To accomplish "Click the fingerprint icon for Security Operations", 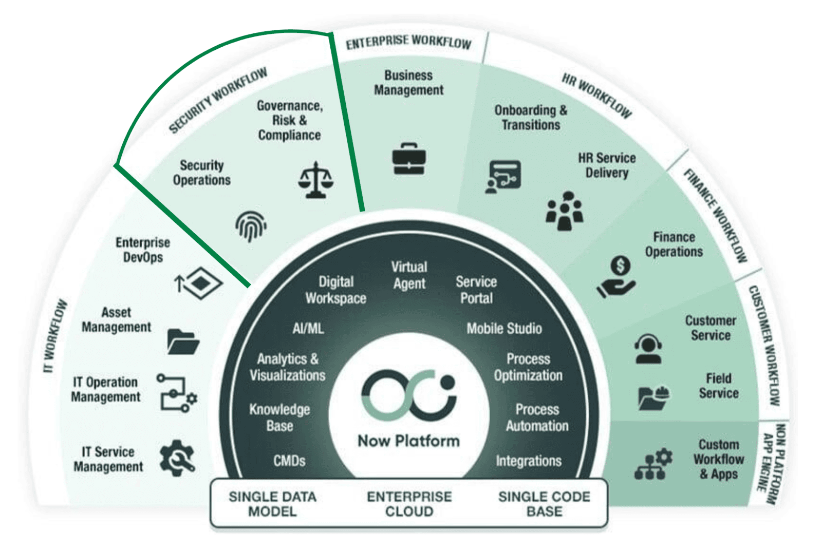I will (251, 226).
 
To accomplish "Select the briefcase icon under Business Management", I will (409, 159).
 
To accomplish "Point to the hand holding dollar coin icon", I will (616, 277).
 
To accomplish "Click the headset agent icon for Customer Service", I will (648, 349).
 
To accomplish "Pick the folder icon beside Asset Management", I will (183, 342).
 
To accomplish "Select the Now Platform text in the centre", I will (409, 441).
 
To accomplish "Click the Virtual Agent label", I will (409, 275).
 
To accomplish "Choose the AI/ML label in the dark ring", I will (308, 329).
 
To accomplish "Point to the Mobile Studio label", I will (504, 329).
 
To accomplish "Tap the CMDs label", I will (289, 461).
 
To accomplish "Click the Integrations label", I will (529, 461).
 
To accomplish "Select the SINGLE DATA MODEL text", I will (273, 504).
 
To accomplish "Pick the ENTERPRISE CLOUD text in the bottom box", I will (409, 504).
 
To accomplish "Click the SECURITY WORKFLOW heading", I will (218, 100).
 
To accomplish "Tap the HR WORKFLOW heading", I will (596, 95).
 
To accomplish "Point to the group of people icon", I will (564, 212).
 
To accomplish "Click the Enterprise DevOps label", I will (143, 250).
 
